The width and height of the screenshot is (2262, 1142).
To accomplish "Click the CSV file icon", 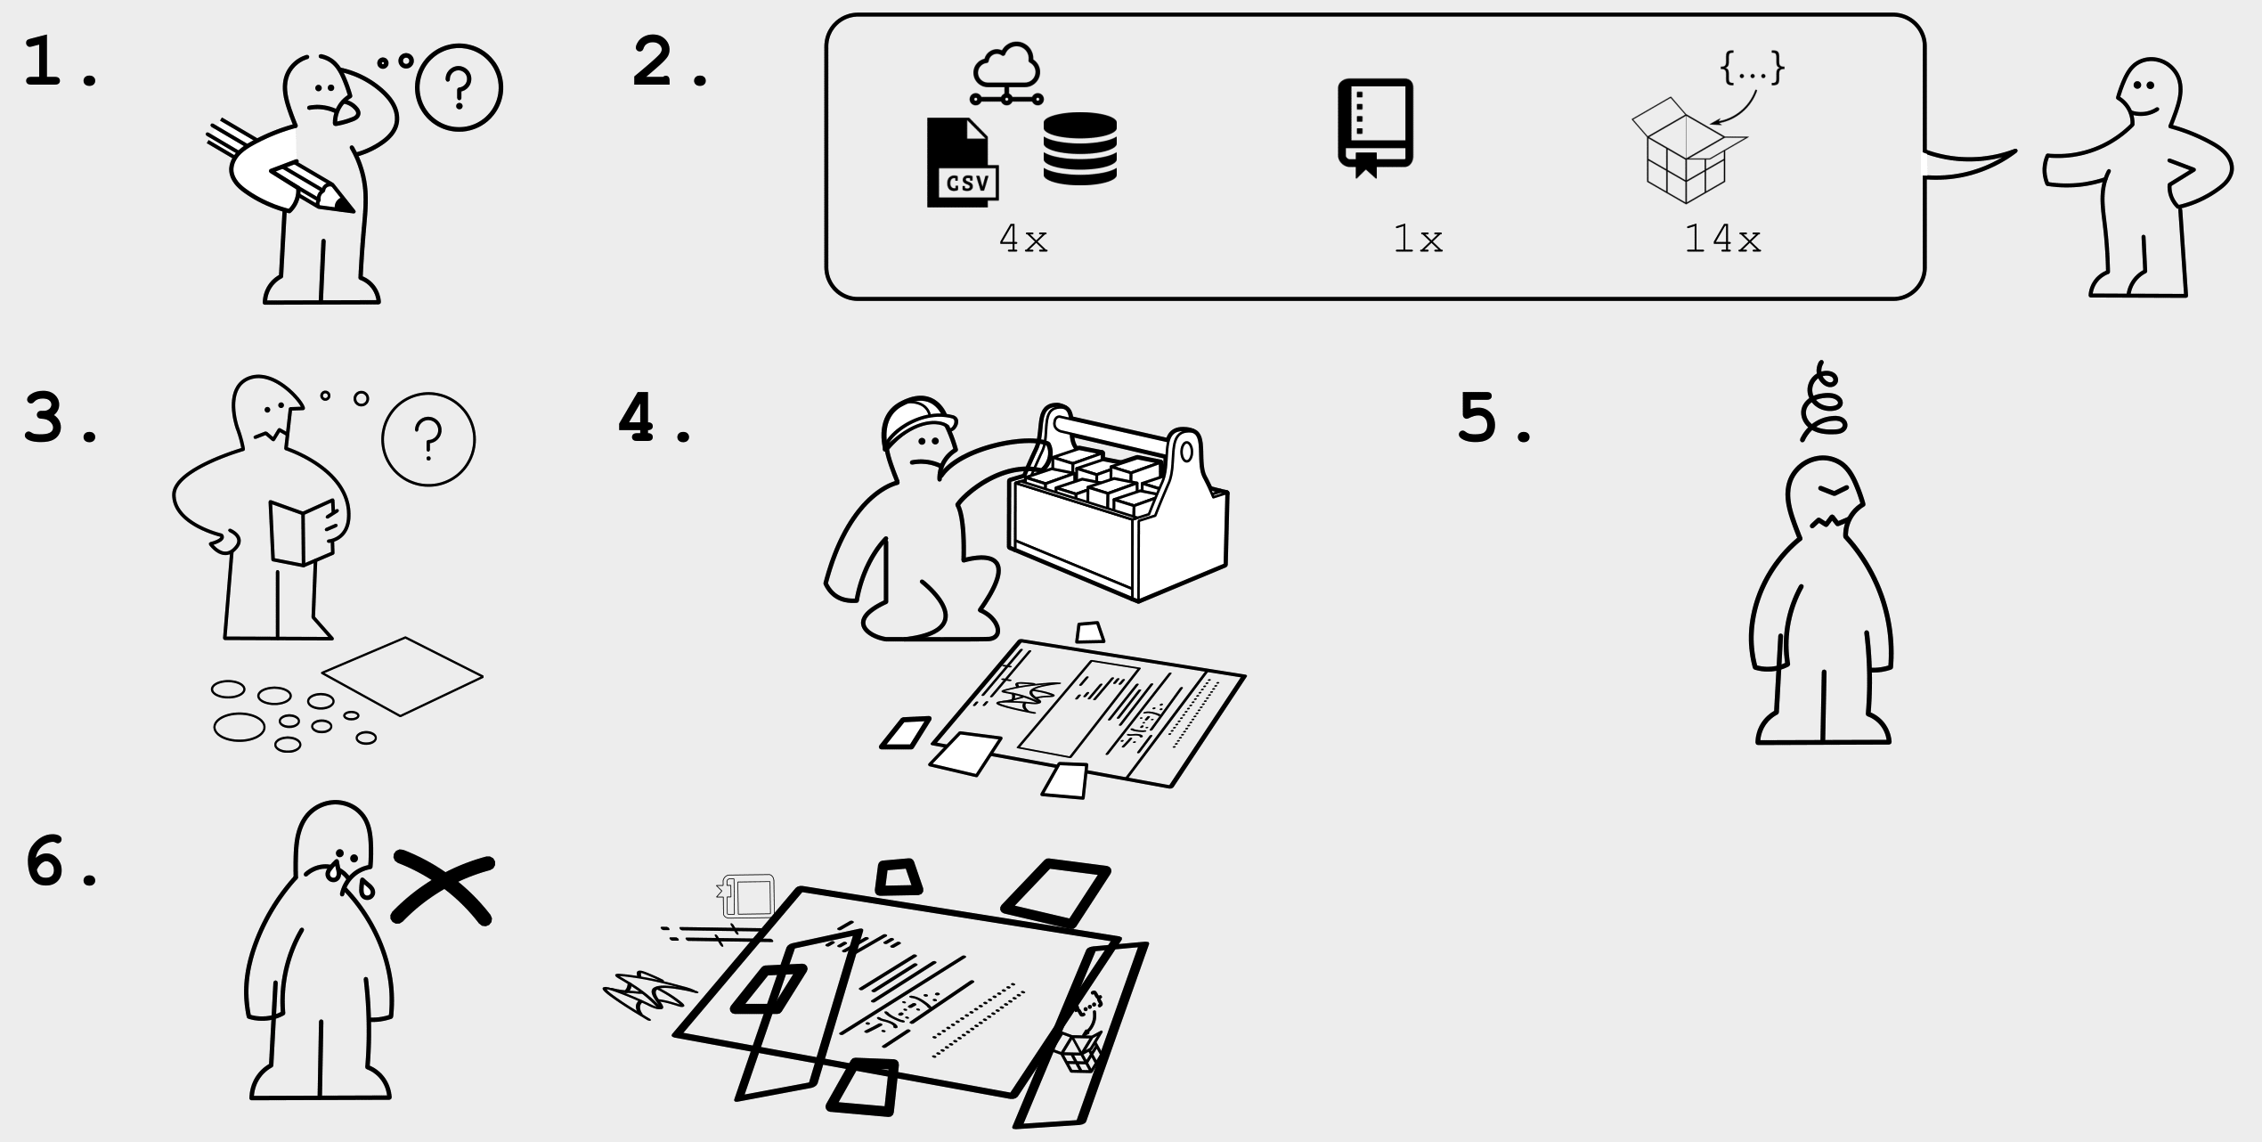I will pos(960,164).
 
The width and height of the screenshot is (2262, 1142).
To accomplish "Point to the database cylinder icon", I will pos(1079,149).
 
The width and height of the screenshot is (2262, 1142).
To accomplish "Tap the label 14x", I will pos(1722,240).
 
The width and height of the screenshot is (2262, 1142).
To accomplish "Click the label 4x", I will pos(1023,239).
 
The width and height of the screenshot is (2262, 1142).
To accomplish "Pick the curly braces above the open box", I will pos(1752,68).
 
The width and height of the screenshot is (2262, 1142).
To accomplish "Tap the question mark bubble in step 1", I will pos(459,88).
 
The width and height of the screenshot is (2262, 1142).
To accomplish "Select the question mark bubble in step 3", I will pos(428,439).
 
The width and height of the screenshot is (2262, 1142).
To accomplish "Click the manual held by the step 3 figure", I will pos(301,533).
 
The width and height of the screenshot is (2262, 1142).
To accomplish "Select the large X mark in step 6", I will pos(443,887).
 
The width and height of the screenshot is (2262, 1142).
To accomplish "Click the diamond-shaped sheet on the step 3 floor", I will pos(403,676).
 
